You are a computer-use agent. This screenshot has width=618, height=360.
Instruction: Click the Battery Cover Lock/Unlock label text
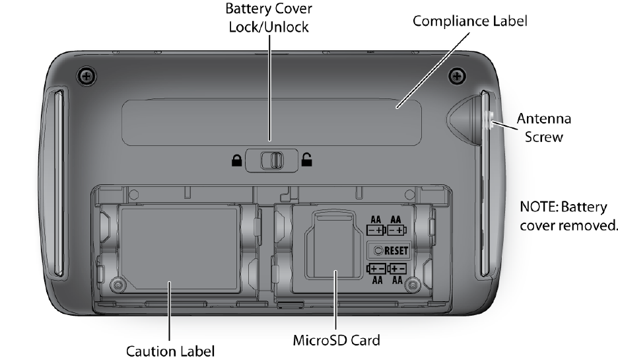coord(269,18)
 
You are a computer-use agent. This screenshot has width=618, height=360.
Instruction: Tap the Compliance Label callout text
coord(470,20)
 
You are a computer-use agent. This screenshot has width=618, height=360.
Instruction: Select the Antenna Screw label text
coord(543,128)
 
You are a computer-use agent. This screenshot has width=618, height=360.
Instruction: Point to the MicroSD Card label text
coord(336,342)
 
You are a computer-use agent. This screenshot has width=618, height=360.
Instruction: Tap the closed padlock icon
coord(236,159)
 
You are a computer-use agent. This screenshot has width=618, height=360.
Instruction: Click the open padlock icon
coord(307,159)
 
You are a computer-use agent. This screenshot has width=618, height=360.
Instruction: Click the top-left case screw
coord(86,76)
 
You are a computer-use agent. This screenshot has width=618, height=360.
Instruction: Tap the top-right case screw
coord(456,76)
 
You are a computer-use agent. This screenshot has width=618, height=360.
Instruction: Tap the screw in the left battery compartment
coord(118,285)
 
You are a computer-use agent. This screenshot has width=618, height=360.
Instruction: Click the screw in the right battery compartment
coord(413,285)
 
